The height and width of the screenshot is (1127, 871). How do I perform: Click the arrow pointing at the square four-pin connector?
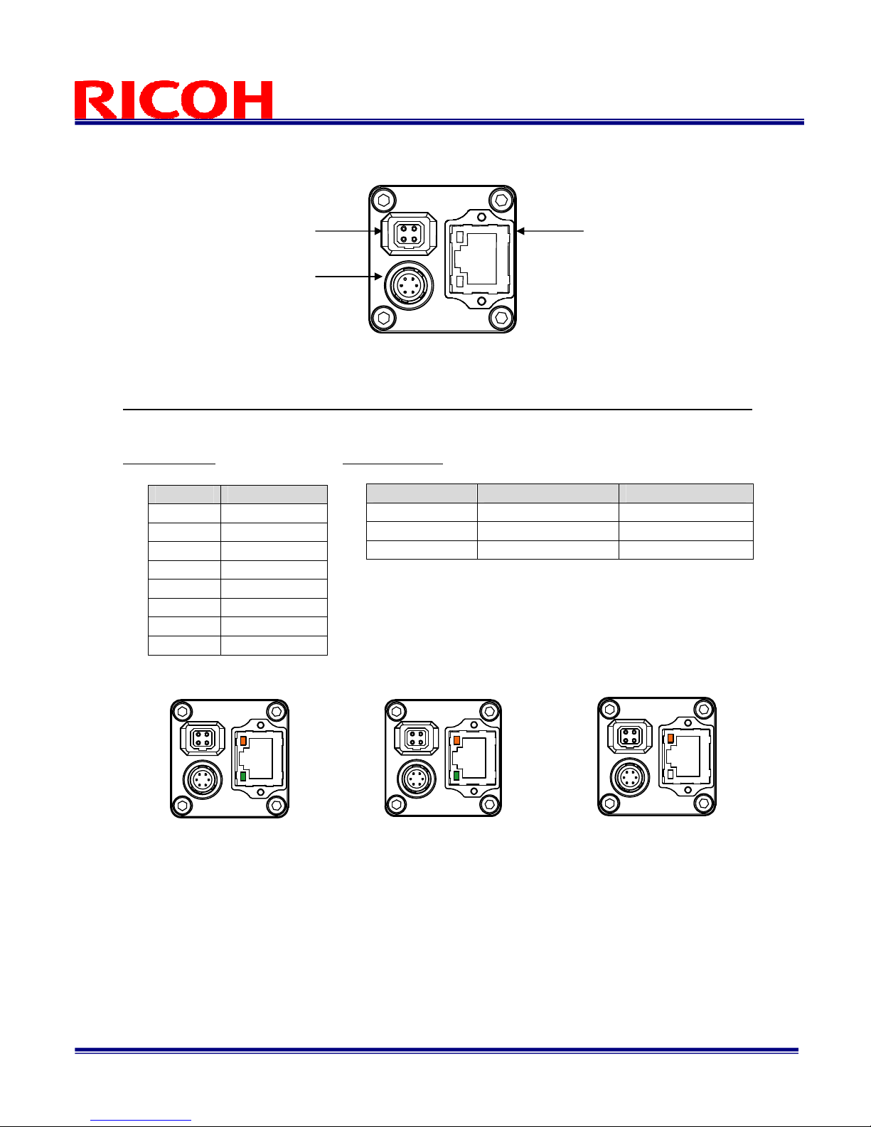[x=348, y=231]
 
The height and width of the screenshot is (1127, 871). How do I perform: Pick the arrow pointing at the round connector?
[x=348, y=277]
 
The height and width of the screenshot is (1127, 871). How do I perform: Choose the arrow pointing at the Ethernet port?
[x=550, y=231]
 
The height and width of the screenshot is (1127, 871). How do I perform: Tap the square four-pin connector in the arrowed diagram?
[x=409, y=234]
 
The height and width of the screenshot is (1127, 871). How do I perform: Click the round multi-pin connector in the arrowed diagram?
[x=409, y=285]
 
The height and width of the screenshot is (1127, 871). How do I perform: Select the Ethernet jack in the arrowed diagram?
[x=479, y=259]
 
